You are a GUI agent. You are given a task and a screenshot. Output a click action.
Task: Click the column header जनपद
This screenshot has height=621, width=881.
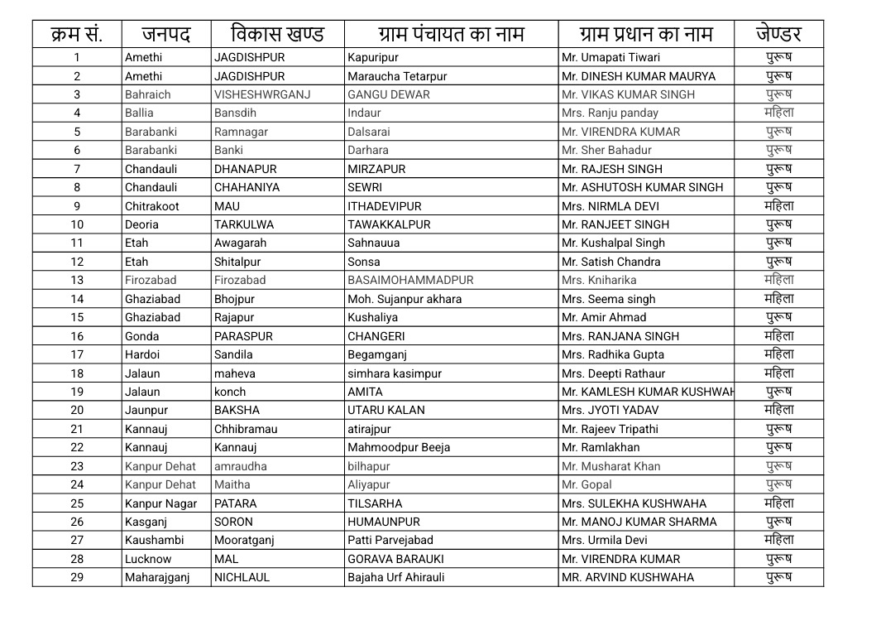[166, 35]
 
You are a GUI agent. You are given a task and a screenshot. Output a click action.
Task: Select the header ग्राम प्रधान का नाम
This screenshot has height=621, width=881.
[645, 35]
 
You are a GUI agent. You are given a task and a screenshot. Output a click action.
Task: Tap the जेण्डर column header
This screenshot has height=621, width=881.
[778, 35]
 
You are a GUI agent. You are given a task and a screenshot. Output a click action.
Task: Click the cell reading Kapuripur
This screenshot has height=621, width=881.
[372, 58]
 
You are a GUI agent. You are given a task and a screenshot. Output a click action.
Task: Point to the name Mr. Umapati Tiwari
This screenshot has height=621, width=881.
[610, 58]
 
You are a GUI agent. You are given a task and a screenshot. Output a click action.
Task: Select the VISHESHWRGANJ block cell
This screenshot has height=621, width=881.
[262, 94]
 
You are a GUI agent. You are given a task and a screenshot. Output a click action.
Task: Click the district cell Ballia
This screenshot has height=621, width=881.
[139, 113]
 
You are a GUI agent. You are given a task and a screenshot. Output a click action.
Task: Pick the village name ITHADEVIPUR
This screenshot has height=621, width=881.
[384, 206]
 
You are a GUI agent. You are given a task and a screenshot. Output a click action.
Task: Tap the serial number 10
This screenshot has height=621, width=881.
[77, 224]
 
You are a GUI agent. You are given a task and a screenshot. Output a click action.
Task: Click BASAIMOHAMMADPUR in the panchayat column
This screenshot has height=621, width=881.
[410, 280]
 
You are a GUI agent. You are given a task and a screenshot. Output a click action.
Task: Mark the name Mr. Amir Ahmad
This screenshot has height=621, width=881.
[604, 317]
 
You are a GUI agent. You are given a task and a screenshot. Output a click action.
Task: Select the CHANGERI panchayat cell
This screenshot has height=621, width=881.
[376, 336]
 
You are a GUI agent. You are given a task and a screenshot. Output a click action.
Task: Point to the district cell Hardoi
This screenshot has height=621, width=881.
[141, 354]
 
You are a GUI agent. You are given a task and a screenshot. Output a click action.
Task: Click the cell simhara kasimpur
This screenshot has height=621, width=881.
[394, 373]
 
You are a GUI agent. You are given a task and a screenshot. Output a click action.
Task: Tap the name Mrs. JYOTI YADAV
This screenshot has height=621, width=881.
[610, 410]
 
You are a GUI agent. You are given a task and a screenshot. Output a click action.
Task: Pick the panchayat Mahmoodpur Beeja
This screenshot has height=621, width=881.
[399, 447]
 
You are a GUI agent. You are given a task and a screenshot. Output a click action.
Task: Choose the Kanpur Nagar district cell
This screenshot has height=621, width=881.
[160, 503]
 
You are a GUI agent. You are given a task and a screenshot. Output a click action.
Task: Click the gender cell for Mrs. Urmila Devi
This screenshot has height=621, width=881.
[778, 540]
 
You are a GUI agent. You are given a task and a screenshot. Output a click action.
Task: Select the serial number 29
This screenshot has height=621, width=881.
[77, 577]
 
